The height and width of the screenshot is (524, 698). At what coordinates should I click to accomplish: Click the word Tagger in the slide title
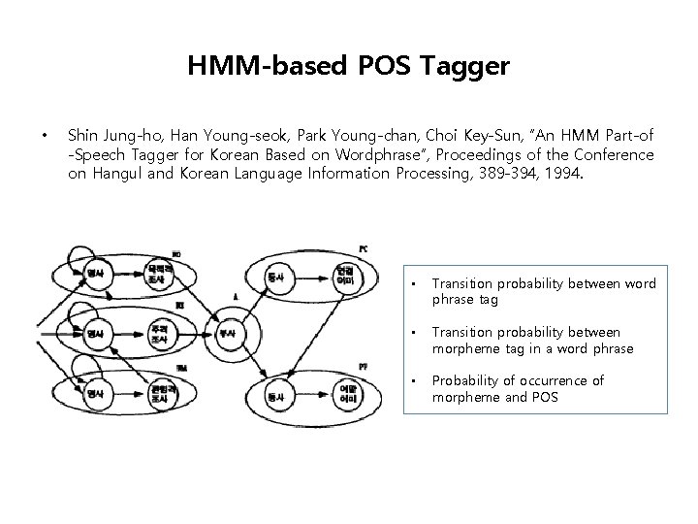click(x=471, y=67)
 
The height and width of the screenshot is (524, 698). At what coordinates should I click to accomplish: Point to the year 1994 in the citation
click(x=562, y=174)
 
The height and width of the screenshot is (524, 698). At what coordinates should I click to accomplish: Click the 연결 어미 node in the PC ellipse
click(x=344, y=276)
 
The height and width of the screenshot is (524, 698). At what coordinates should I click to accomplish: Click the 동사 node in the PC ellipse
click(x=275, y=278)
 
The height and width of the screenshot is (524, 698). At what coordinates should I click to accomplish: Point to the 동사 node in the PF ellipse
click(x=275, y=396)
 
